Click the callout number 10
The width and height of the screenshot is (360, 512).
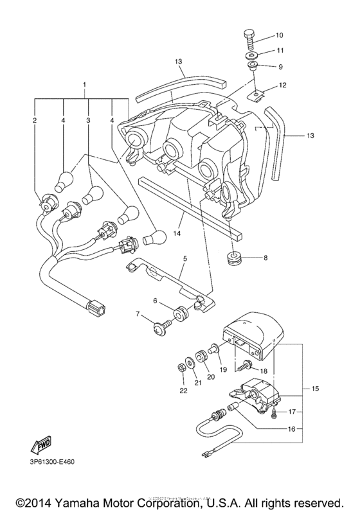click(x=279, y=35)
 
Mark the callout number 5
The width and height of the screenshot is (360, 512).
click(x=184, y=259)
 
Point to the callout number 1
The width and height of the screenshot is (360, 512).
click(x=83, y=85)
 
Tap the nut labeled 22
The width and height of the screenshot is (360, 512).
click(x=182, y=368)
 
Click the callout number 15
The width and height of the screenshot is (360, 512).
click(x=314, y=389)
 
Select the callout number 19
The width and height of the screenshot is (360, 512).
click(x=223, y=370)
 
